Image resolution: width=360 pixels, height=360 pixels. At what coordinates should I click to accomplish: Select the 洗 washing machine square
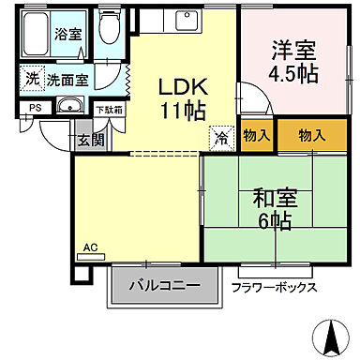pos(32,79)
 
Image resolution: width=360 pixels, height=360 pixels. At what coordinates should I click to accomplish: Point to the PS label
pos(35,108)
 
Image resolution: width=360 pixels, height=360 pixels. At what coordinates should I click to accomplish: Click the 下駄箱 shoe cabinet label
pos(109,109)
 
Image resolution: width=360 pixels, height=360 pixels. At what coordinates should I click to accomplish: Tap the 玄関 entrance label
pos(91,140)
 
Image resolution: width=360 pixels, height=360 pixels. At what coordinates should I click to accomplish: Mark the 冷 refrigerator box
pos(221,135)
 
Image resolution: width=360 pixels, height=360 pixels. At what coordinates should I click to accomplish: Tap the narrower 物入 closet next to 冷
pos(257,136)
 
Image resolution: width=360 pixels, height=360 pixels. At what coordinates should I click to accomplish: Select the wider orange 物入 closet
pos(311,136)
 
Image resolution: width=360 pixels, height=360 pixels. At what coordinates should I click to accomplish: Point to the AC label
pos(91,247)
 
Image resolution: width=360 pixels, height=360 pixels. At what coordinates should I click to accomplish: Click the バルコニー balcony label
pos(163,285)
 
